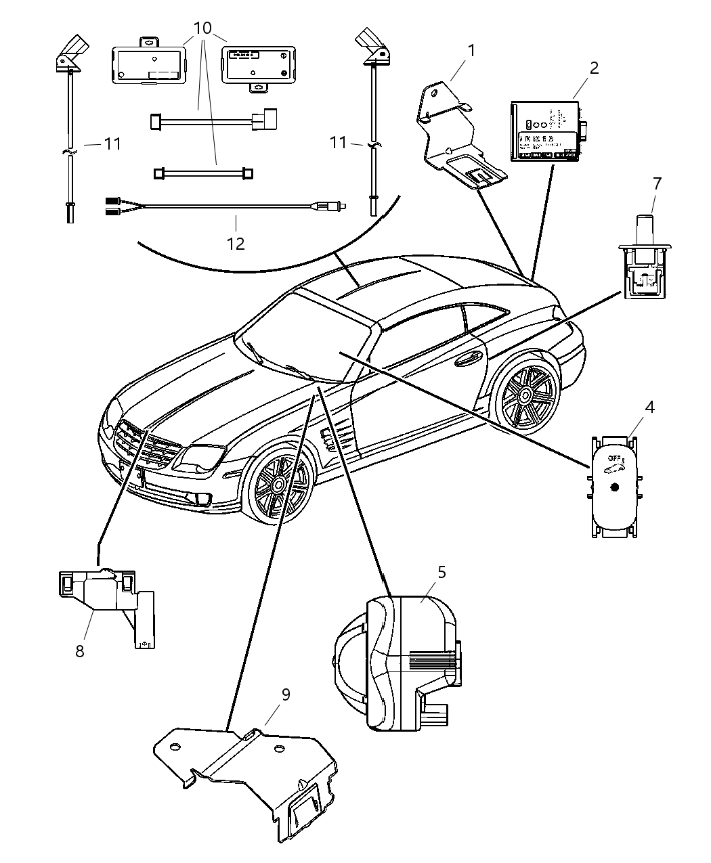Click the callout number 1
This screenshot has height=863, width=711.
point(471,51)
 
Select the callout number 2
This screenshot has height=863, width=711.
point(593,68)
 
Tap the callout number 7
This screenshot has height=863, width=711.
point(656,183)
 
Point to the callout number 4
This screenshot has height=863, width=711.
point(649,407)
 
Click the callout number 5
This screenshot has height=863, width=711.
point(441,572)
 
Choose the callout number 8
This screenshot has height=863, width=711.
point(80,651)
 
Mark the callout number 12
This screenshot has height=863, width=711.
point(235,243)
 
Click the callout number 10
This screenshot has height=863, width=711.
point(202,28)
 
